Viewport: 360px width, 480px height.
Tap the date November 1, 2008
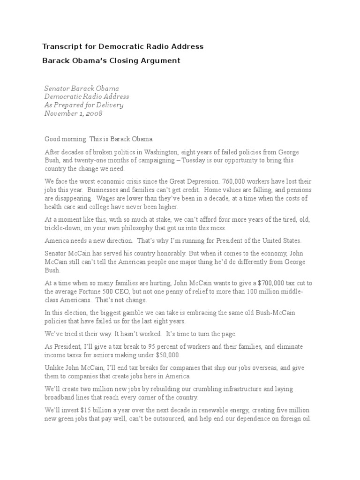coord(73,113)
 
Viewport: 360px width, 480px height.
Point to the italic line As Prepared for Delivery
coord(84,105)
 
